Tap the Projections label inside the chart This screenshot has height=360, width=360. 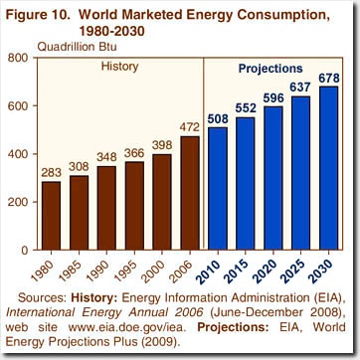(x=270, y=69)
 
